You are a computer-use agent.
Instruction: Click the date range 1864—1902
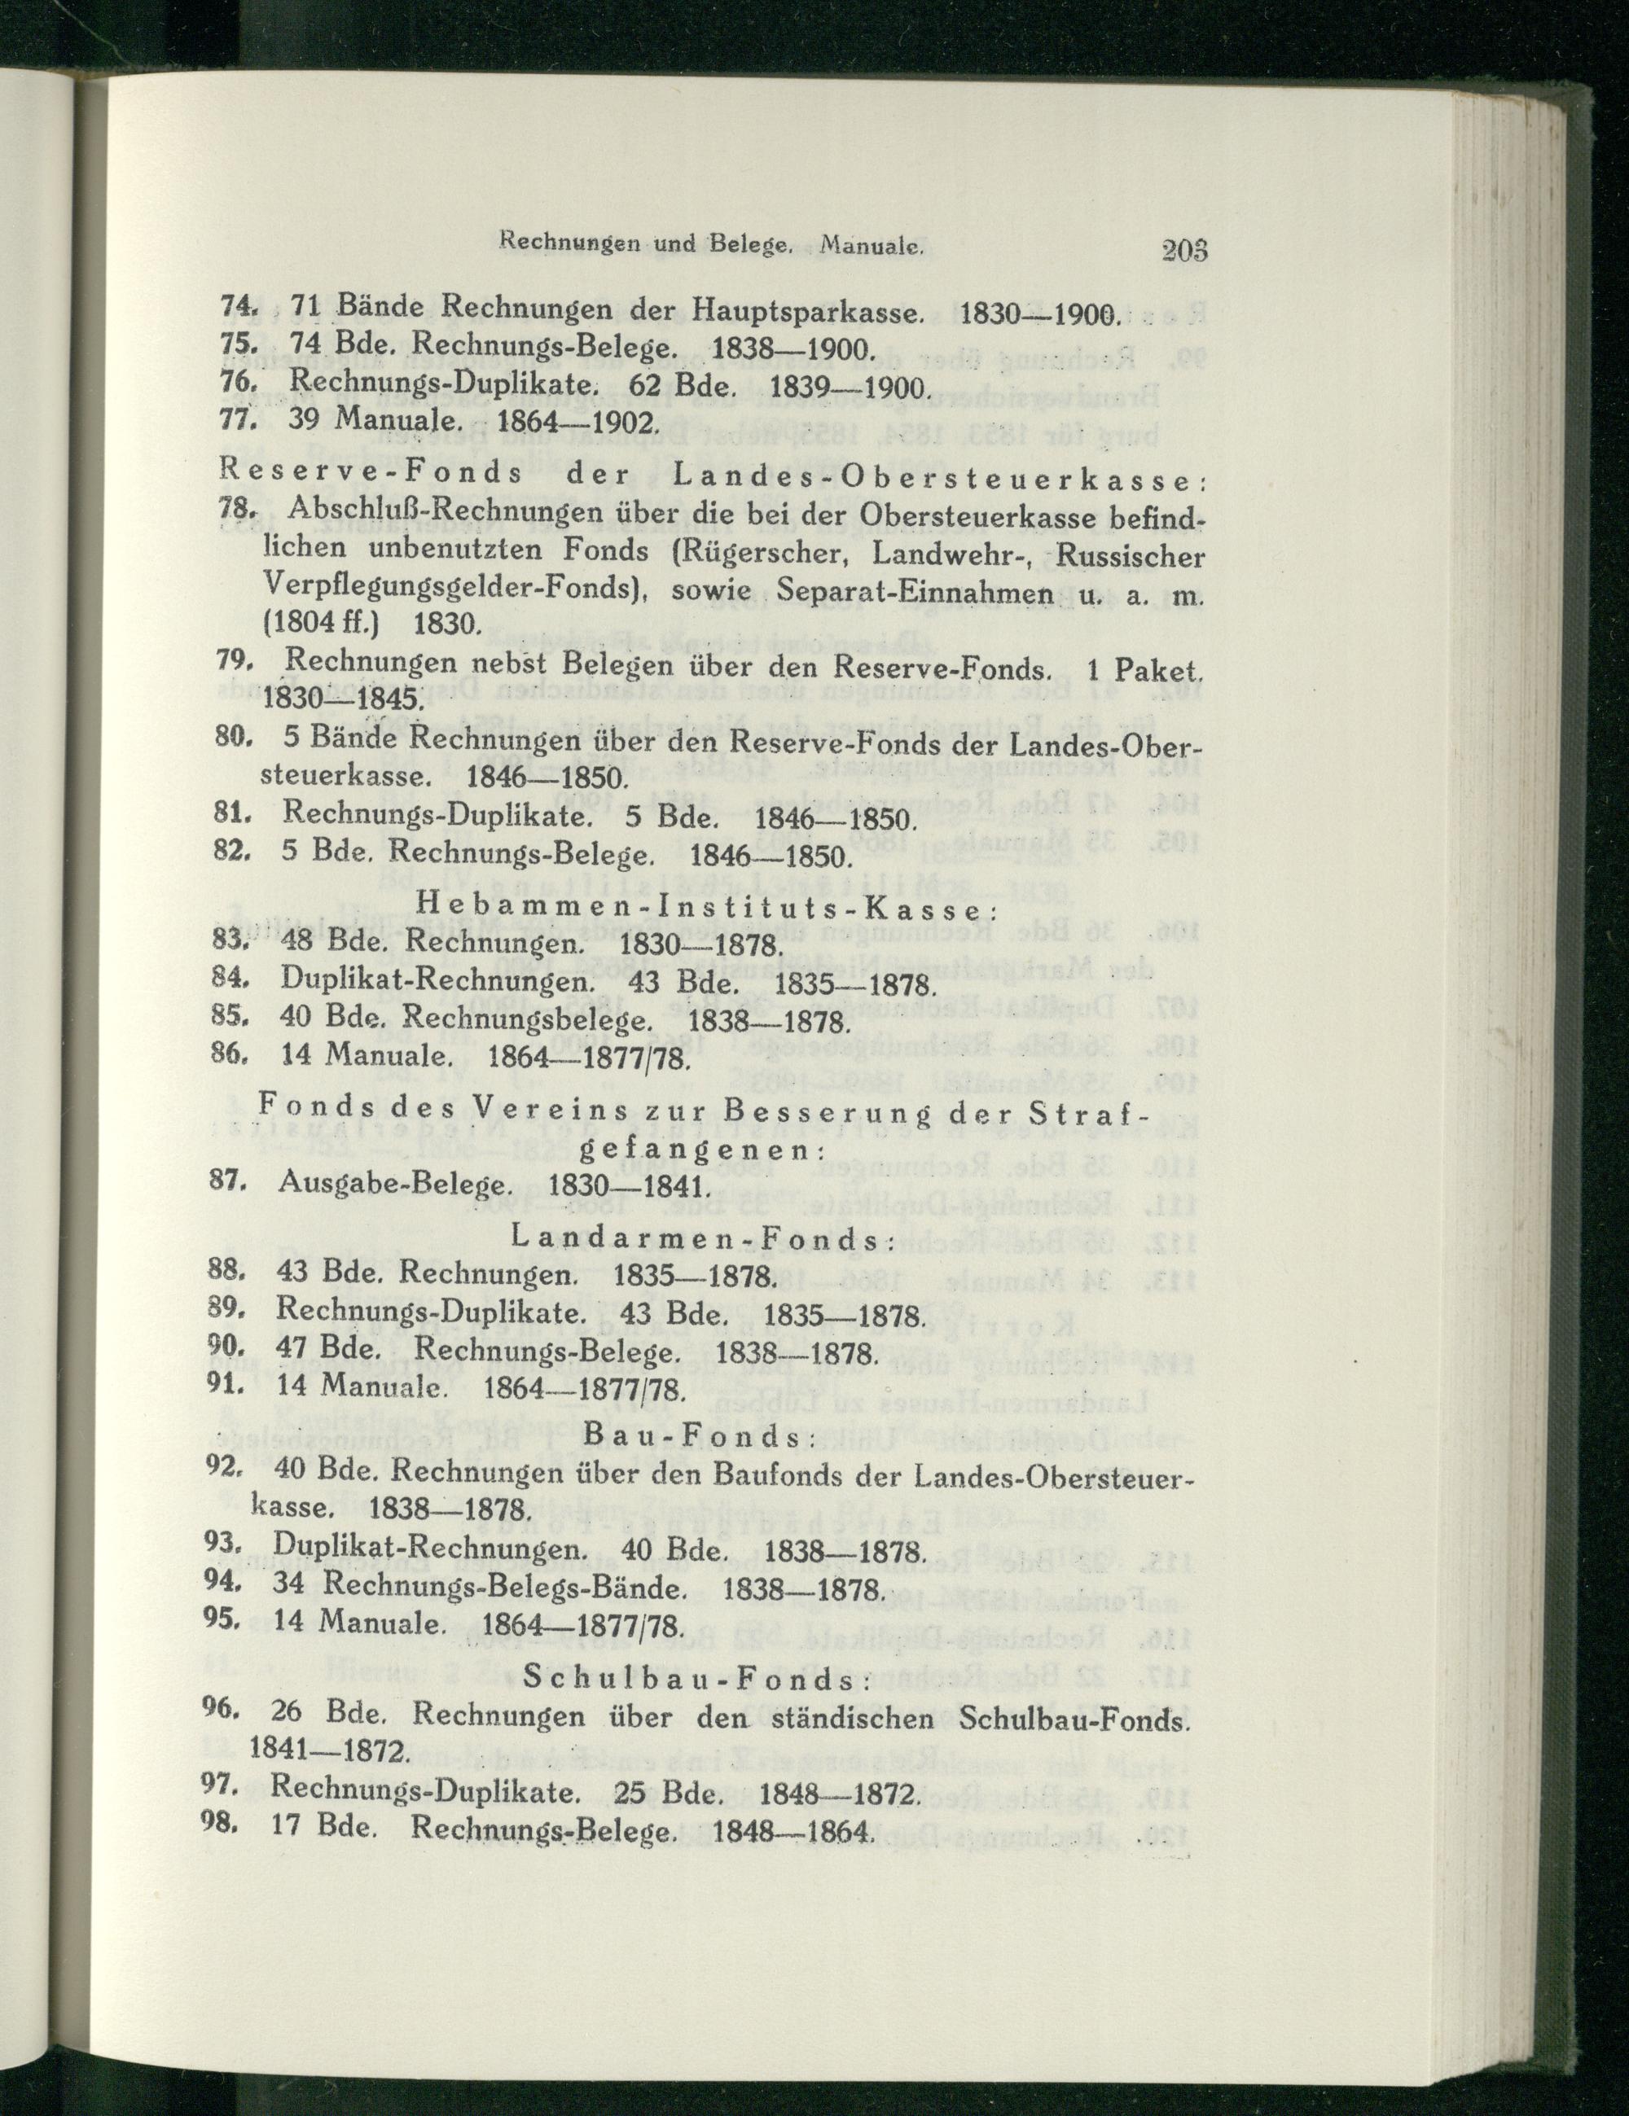[x=577, y=423]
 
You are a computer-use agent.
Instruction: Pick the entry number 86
[x=230, y=1056]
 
